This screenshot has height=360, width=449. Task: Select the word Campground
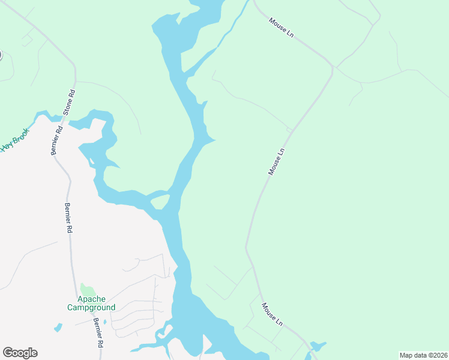[x=91, y=307]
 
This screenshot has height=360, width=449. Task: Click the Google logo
[x=20, y=353]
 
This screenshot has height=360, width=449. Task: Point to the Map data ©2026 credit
[x=423, y=355]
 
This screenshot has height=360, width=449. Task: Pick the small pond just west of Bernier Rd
[x=58, y=328]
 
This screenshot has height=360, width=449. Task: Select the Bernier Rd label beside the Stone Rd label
[x=56, y=140]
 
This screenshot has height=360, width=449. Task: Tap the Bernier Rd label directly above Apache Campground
[x=69, y=218]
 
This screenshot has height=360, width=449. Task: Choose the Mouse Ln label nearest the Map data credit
[x=272, y=314]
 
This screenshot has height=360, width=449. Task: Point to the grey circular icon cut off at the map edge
[x=1, y=55]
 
